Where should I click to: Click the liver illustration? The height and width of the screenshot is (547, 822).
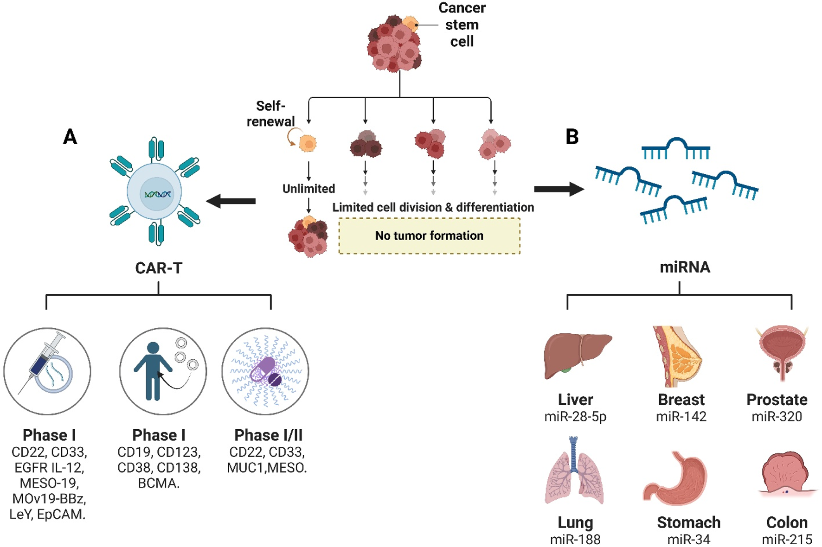[578, 355]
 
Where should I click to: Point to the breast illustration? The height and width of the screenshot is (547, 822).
[677, 356]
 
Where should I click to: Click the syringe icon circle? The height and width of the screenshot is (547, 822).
[47, 371]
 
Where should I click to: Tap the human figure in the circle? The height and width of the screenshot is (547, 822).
[153, 371]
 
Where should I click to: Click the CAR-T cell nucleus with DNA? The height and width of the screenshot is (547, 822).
[157, 194]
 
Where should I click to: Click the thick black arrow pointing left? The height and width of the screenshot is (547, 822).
[231, 201]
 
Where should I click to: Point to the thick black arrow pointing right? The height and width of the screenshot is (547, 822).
[559, 189]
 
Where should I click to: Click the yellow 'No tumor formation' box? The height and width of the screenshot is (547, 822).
[430, 236]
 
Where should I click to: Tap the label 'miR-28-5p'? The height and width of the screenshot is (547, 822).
[575, 416]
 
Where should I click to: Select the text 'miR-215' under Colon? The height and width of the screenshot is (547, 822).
[787, 539]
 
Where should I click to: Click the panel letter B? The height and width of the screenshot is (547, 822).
[572, 137]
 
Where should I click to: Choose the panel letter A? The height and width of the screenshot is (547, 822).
[70, 136]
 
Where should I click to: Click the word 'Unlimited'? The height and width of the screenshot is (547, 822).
[308, 189]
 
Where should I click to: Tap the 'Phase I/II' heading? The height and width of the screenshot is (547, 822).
[268, 435]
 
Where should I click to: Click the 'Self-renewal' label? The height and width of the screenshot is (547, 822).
[271, 114]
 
